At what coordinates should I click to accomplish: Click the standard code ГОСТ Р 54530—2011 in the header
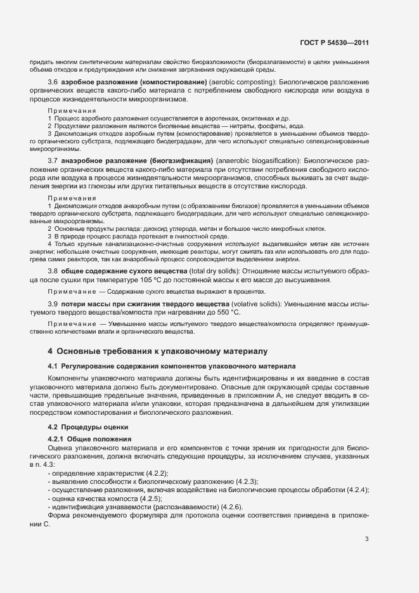[x=335, y=43]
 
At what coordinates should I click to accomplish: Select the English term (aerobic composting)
[x=240, y=83]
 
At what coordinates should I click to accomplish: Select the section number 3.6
[x=53, y=83]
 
